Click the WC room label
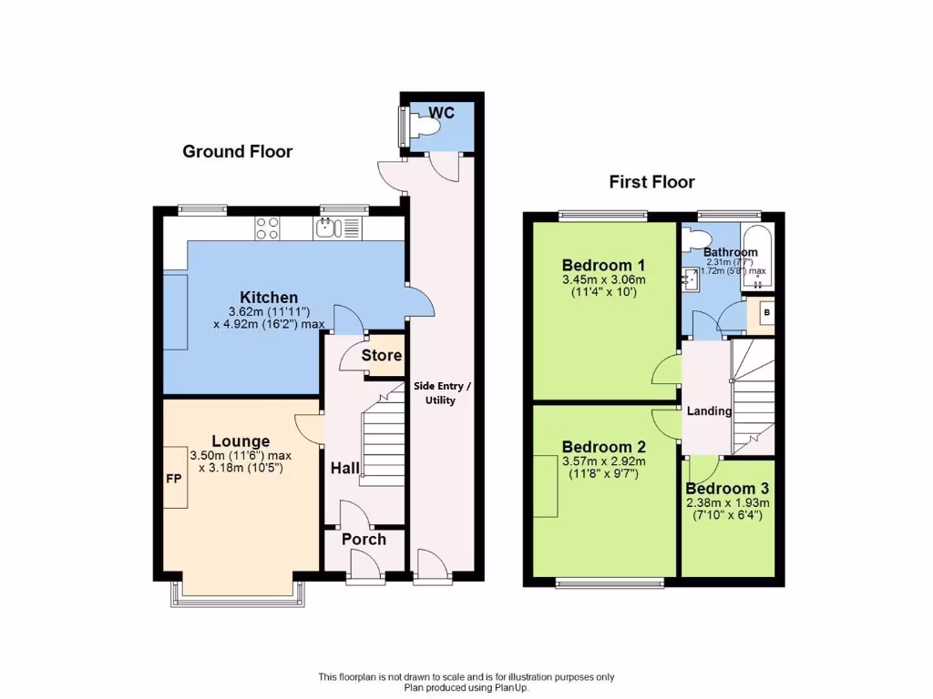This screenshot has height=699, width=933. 442,113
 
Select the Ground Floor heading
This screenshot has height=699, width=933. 238,151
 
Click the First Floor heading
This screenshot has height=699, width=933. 651,182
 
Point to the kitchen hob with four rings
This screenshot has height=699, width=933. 267,228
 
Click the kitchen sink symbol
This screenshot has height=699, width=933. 329,228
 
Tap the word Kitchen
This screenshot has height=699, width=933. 269,298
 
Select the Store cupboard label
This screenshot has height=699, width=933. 381,355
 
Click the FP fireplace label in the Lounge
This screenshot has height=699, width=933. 173,477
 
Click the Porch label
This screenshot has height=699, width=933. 364,539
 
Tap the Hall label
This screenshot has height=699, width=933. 344,468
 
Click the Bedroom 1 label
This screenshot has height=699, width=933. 602,264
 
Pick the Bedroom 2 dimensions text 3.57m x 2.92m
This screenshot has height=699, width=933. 603,461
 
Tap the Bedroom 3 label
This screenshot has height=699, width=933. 727,489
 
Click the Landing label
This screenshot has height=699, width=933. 709,410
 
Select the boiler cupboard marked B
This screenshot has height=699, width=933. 765,313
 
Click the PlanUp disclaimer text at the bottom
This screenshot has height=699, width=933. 466,682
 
